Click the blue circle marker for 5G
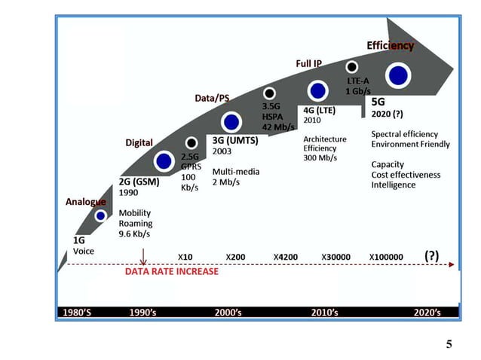pos(398,75)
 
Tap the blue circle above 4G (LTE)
pos(317,90)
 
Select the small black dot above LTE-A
pos(352,67)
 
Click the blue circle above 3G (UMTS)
pos(231,121)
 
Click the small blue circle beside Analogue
pos(101,216)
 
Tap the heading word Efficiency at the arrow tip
pos(390,45)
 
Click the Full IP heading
pos(308,63)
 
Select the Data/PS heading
pos(212,99)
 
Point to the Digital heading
pos(139,143)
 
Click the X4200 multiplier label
pos(286,258)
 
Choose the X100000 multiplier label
pos(386,258)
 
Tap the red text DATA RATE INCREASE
pos(171,271)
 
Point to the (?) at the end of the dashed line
pos(431,255)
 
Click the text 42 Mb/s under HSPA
pos(277,127)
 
